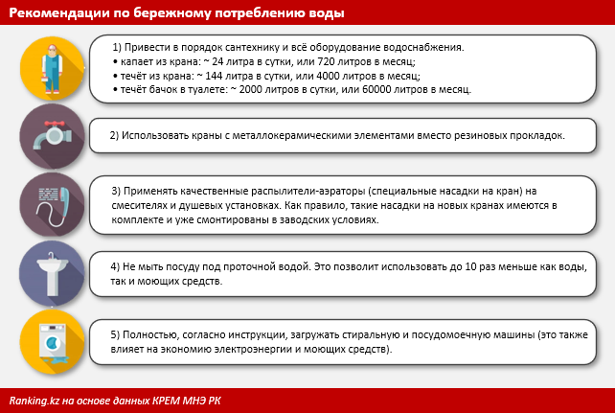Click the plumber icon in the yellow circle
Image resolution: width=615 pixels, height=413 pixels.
[52, 69]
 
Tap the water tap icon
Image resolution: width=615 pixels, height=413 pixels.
[52, 135]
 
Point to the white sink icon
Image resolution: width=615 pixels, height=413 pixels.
[52, 274]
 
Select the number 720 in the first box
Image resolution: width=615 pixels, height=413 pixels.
[326, 61]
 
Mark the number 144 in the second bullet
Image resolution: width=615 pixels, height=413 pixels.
[215, 76]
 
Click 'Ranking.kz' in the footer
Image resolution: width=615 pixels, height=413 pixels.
[34, 401]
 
